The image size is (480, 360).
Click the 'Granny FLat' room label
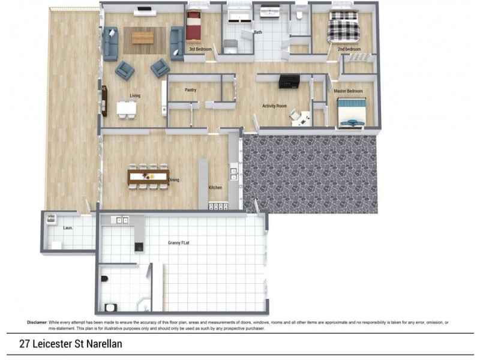pos(178,243)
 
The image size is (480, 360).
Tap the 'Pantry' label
pos(190,90)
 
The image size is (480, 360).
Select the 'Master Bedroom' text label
pos(348,91)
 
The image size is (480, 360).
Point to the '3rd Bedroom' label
pos(200,49)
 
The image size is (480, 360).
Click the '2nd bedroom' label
pos(349,49)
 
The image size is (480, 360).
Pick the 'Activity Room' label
pos(275,106)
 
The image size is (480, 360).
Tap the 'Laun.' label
pos(68,228)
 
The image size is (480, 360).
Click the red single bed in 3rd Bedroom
pos(193,25)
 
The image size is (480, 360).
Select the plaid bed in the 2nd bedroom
pos(343,26)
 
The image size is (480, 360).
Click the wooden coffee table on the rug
pos(143,38)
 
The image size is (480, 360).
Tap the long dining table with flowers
pos(148,176)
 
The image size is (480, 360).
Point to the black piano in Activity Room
pos(289,82)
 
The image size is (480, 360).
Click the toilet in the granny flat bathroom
pos(104,278)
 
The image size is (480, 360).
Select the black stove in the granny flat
pos(139,247)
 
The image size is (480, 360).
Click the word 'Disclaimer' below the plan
pos(37,322)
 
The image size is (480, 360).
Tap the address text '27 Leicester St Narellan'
pos(71,344)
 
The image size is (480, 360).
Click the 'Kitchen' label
pos(215,187)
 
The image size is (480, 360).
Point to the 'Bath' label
pos(258,32)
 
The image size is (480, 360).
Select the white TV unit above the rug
pos(145,13)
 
